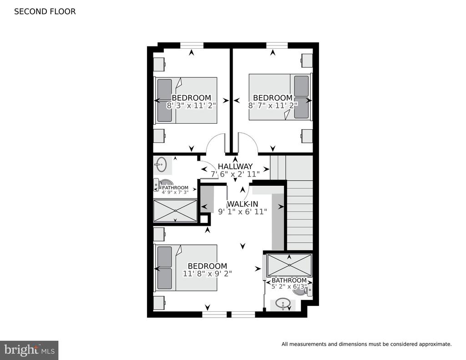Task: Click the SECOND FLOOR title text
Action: tap(45, 11)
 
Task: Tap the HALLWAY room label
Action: tap(235, 167)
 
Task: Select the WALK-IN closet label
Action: tap(243, 204)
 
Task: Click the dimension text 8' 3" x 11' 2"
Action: tap(191, 106)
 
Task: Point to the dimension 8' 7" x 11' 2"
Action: tap(273, 106)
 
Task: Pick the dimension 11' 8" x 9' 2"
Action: tap(207, 274)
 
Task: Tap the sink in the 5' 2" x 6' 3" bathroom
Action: tap(282, 304)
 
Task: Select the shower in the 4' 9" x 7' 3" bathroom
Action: tap(175, 210)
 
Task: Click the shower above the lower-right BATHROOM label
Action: tap(289, 265)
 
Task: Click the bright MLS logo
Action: tap(29, 350)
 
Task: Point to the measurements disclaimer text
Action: tap(366, 344)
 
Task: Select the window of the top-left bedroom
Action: tap(192, 46)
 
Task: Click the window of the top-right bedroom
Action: tap(277, 46)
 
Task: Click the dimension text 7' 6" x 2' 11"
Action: tap(235, 174)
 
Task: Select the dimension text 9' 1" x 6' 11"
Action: tap(243, 212)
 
